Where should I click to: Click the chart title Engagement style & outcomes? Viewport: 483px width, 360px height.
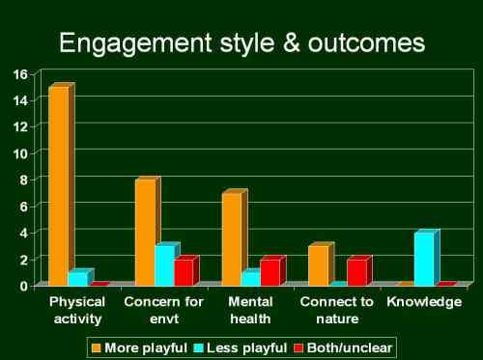coord(241,43)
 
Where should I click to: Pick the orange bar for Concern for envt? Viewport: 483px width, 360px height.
coord(145,232)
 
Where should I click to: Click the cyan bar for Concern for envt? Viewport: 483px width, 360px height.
coord(164,265)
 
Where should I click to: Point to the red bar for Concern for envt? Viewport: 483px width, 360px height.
coord(184,272)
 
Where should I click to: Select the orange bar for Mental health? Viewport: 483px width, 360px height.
coord(231,238)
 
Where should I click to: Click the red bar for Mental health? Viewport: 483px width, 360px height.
coord(270,272)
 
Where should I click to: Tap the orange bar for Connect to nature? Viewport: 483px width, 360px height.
coord(318,265)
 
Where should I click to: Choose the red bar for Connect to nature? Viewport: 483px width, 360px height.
coord(356,272)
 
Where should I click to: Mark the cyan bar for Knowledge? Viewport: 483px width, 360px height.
coord(423,259)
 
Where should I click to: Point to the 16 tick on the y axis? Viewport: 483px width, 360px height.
coord(20,73)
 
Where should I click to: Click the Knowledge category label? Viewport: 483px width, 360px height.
coord(424,302)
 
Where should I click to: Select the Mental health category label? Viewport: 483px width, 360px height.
coord(250,310)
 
